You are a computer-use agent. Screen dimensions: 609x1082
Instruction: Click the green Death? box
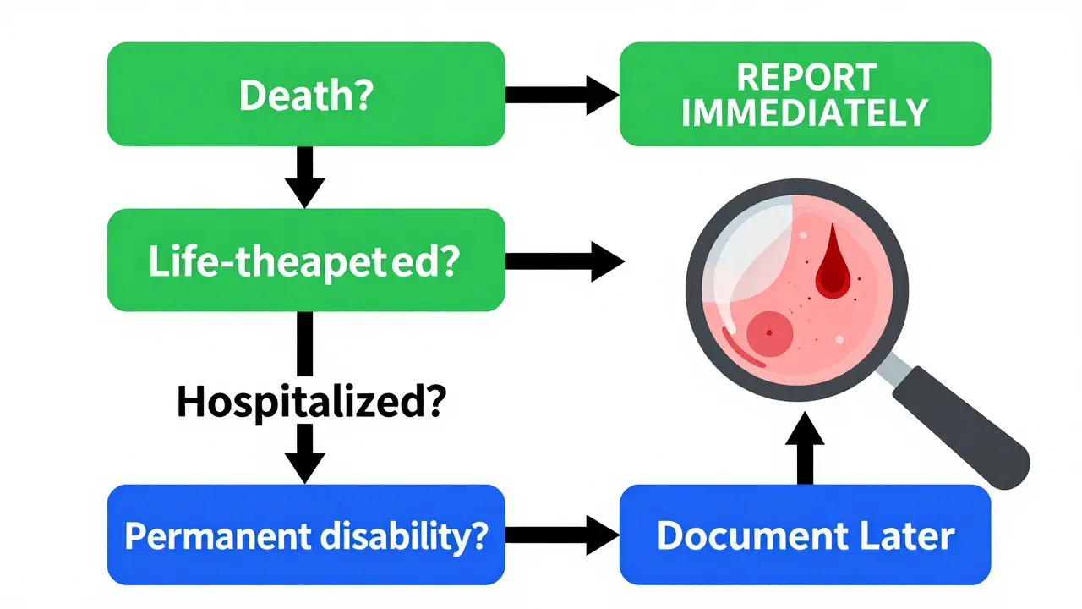(x=306, y=94)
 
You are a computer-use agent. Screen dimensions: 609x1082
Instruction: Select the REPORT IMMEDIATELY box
(x=805, y=94)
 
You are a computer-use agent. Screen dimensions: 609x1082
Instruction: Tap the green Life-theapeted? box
(x=306, y=261)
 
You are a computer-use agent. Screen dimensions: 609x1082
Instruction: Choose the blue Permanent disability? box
(x=306, y=535)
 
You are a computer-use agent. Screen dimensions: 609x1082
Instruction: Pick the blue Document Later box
(x=805, y=535)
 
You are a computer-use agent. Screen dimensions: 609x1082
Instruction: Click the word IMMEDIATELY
(x=805, y=112)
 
